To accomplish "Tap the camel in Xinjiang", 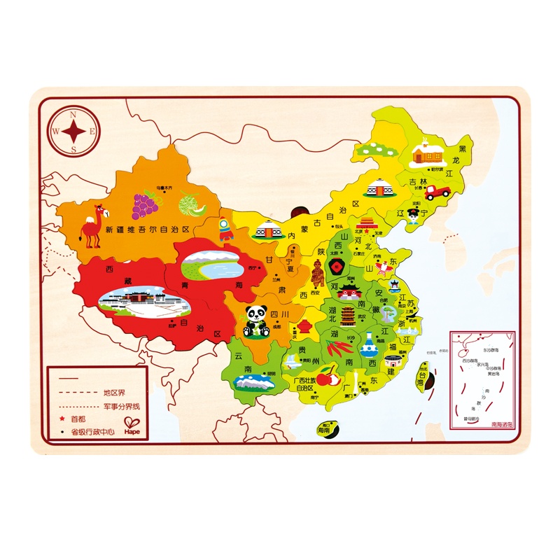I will tap(91, 225).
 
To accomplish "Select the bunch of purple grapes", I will tap(146, 204).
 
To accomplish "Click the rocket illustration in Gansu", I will tap(225, 230).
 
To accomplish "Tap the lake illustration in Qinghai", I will tap(213, 265).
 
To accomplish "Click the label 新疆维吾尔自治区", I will tap(148, 229).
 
